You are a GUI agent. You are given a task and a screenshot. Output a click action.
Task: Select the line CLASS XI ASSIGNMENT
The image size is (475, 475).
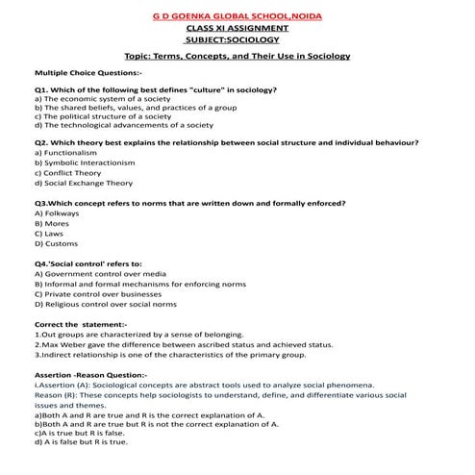click(238, 30)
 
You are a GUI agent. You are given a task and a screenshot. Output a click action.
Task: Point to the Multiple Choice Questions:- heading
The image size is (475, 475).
click(87, 73)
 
